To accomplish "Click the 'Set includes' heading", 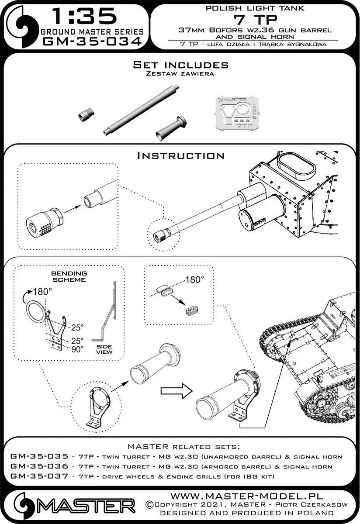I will point(180,65).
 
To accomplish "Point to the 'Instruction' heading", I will point(180,155).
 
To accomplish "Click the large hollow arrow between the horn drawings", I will point(180,391).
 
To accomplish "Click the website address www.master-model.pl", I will point(252,496).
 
